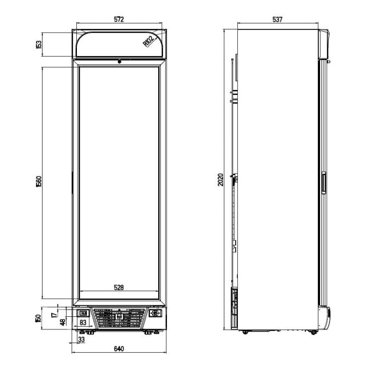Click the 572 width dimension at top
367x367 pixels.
coord(119,19)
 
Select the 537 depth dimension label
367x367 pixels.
coord(278,19)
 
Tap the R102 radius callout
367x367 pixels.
coord(149,41)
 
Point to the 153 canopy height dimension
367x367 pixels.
coord(39,45)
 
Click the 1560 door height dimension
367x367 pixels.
coord(39,182)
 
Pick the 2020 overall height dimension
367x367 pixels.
coord(220,179)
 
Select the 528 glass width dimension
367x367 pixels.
coord(119,287)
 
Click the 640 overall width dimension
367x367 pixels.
coord(119,349)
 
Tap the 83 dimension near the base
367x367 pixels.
coord(83,322)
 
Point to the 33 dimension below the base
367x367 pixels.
coord(81,339)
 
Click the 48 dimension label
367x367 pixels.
coord(63,322)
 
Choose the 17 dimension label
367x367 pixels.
coord(54,315)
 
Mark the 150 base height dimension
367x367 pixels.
coord(38,318)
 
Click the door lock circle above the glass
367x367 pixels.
coord(119,62)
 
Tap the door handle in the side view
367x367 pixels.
coord(323,183)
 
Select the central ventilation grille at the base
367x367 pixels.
coord(119,317)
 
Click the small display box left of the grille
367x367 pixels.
coord(83,313)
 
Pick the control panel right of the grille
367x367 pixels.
coord(155,313)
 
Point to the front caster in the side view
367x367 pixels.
coord(313,332)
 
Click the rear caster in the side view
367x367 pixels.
coord(245,332)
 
